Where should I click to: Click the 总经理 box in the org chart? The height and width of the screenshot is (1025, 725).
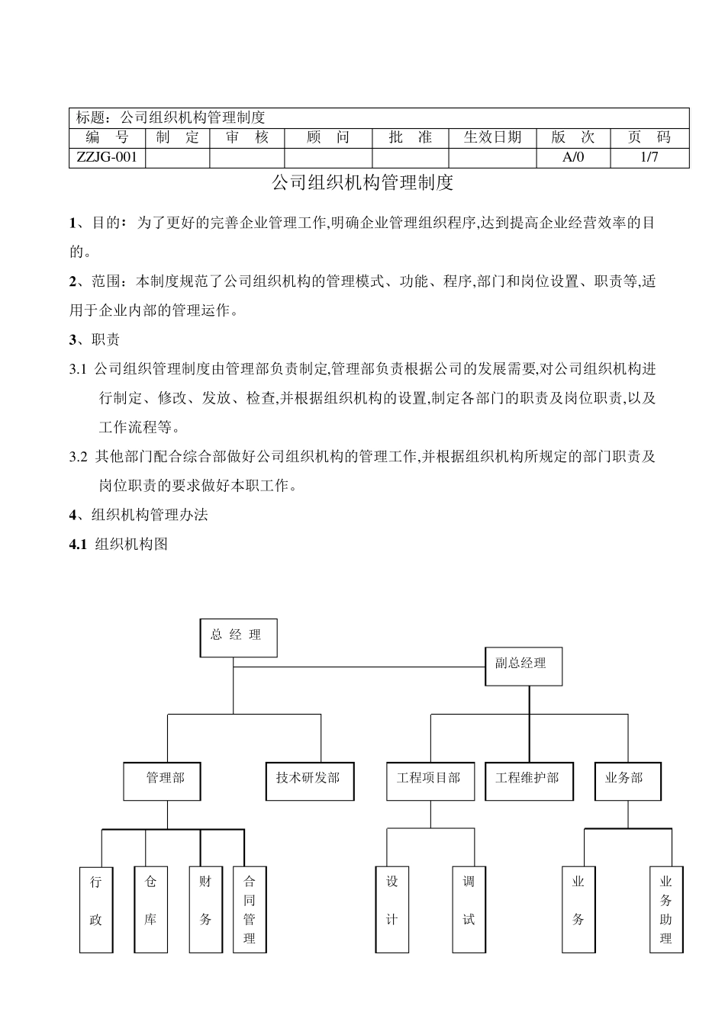[x=238, y=638]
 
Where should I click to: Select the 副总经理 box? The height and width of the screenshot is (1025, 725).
[x=525, y=666]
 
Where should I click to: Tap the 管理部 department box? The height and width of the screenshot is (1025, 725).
[x=165, y=780]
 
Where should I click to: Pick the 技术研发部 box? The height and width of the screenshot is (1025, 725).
[x=309, y=781]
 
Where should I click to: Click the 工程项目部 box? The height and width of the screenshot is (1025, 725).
[x=429, y=781]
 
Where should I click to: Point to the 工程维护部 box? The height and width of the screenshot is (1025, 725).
[x=528, y=781]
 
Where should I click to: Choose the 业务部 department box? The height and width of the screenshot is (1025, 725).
[x=627, y=781]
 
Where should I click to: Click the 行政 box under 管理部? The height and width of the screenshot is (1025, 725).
[x=96, y=909]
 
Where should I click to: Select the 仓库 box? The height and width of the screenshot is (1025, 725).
[x=150, y=909]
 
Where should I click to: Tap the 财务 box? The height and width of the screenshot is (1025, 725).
[x=205, y=909]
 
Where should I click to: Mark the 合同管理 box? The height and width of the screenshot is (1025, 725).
[x=250, y=909]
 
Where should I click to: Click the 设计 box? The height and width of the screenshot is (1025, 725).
[x=392, y=909]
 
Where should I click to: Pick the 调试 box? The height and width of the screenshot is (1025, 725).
[x=469, y=909]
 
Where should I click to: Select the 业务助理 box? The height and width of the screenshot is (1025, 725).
[x=666, y=909]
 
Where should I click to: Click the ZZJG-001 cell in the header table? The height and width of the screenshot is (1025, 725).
[x=107, y=158]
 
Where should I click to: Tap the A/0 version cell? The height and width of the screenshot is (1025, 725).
[x=572, y=158]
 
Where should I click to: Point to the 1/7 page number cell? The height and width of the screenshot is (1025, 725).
[x=649, y=158]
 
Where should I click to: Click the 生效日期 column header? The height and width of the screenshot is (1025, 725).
[x=492, y=137]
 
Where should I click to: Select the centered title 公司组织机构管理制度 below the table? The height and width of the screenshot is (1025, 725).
[x=362, y=183]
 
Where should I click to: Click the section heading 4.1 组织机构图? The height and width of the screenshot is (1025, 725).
[x=118, y=544]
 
